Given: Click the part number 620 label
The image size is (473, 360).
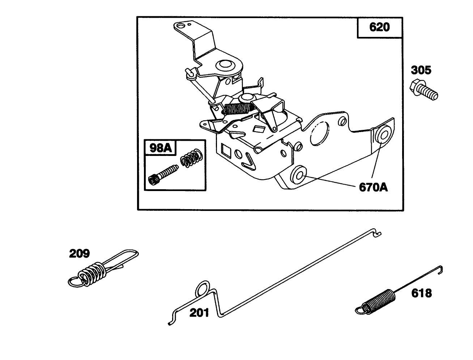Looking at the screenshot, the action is coord(379,27).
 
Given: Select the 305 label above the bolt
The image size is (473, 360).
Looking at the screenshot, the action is coord(421,70).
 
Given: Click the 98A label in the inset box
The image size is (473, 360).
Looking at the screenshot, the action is coord(160,148).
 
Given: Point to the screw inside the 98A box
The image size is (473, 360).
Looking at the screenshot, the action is coord(163,175).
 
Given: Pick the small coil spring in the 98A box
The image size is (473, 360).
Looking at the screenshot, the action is coord(191,158).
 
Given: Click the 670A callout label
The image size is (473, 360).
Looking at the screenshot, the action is coord(373,187).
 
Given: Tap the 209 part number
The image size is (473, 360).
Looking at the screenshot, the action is coord(79,254).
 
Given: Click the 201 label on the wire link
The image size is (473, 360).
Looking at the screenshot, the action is coord(199,313).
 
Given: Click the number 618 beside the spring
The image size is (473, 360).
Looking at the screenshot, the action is coord(422,293).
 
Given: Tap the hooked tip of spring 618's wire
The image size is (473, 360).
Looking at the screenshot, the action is coord(441,270).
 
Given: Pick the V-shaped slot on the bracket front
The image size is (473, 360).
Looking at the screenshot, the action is coord(249,161).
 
